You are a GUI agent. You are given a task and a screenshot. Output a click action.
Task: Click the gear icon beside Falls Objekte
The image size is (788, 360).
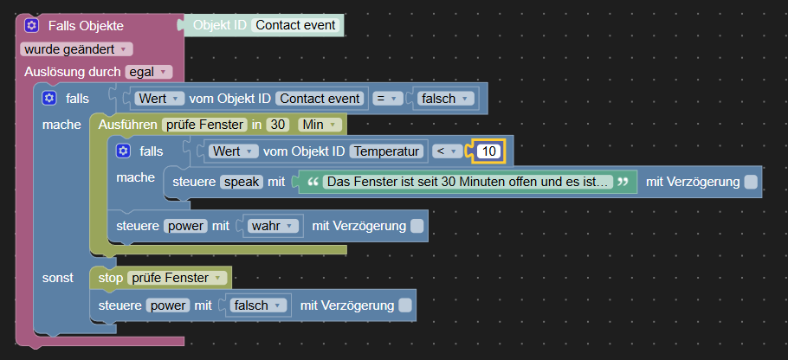pyautogui.click(x=32, y=26)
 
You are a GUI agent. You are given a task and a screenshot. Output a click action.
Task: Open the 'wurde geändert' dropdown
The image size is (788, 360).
pyautogui.click(x=76, y=49)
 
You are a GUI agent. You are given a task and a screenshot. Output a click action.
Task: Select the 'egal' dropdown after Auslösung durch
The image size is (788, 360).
pyautogui.click(x=148, y=72)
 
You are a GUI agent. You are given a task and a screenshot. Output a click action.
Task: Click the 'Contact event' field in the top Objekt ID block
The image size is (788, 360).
pyautogui.click(x=295, y=25)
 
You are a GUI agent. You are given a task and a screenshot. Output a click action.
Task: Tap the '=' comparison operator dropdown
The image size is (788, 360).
pyautogui.click(x=387, y=99)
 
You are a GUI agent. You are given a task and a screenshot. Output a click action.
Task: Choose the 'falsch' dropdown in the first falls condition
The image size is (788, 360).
pyautogui.click(x=445, y=99)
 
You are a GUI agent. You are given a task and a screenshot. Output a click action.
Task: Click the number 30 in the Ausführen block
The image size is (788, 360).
pyautogui.click(x=277, y=125)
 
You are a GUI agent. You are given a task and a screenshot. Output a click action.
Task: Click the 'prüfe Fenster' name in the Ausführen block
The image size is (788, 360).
pyautogui.click(x=204, y=125)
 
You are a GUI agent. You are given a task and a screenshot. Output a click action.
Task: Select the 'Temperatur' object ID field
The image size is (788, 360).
pyautogui.click(x=386, y=151)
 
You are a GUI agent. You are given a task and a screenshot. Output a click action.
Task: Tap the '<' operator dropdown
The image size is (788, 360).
pyautogui.click(x=448, y=151)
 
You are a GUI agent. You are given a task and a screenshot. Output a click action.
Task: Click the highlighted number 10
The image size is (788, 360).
pyautogui.click(x=489, y=151)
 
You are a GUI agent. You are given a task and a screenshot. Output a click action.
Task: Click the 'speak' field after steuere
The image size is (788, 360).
pyautogui.click(x=242, y=182)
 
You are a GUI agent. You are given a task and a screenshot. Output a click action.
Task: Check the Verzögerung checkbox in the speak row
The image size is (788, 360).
pyautogui.click(x=751, y=182)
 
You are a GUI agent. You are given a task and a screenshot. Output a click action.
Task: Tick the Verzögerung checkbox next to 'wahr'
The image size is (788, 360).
pyautogui.click(x=417, y=226)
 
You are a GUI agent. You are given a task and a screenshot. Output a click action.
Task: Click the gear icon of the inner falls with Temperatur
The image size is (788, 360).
pyautogui.click(x=123, y=151)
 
